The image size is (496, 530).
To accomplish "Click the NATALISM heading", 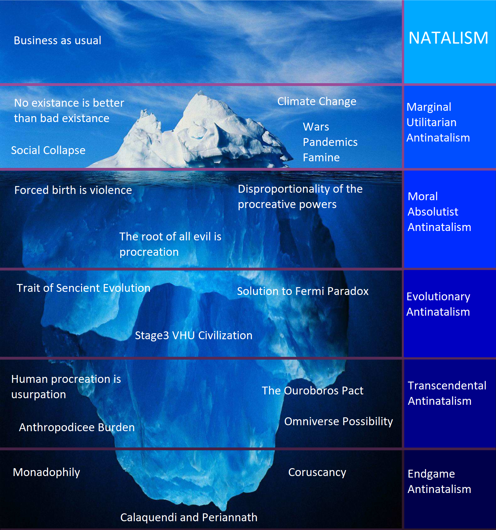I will [448, 38].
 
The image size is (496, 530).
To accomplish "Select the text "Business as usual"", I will [57, 40].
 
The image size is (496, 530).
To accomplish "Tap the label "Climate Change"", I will [317, 101].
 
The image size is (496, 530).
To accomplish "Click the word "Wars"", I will [316, 127].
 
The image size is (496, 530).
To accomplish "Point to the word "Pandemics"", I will [330, 142].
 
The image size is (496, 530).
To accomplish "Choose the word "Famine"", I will [321, 158].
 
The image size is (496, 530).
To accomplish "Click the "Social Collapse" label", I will [48, 150].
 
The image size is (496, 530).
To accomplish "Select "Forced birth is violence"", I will [73, 190].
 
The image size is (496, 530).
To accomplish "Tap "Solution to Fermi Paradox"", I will [303, 291].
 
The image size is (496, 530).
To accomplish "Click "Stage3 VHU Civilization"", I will [193, 335].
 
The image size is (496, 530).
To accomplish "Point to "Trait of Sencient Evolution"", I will [83, 288].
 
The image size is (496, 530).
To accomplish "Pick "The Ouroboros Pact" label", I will [312, 391].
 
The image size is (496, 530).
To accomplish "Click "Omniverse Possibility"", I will [338, 421].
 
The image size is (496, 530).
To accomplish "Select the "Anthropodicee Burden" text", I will [77, 427].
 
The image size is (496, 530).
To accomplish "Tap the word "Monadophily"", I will [46, 472].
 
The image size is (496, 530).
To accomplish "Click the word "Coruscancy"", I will [317, 472].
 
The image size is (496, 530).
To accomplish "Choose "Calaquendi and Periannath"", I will [189, 517].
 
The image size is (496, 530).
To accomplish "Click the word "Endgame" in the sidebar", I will [431, 474].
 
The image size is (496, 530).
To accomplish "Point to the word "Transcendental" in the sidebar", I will [447, 386].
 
